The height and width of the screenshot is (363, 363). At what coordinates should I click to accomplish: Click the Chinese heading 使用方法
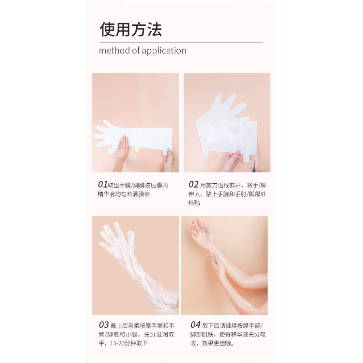131,29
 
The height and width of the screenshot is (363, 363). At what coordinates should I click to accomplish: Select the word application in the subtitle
164,51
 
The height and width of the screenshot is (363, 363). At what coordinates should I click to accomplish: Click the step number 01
103,184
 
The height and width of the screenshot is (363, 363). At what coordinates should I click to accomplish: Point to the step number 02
193,184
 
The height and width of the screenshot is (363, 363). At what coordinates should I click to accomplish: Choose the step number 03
103,325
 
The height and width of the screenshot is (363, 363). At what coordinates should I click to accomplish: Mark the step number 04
195,325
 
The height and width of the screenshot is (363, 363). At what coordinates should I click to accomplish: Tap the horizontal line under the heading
181,42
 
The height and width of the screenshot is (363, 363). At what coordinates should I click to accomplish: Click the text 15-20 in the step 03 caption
115,343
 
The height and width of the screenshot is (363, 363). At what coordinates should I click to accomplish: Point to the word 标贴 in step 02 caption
194,203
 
